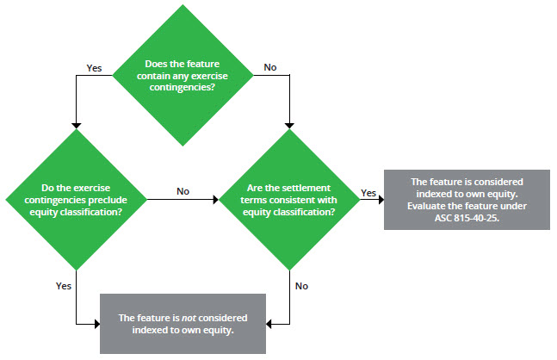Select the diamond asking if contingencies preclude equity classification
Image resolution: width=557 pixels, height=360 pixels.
[x=77, y=197]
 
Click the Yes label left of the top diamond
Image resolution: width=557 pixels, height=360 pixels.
[x=95, y=66]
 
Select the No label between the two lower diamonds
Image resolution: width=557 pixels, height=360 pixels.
[x=183, y=191]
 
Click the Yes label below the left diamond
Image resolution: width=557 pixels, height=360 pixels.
[x=64, y=285]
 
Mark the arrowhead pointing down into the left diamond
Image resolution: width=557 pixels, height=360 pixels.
[x=77, y=121]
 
